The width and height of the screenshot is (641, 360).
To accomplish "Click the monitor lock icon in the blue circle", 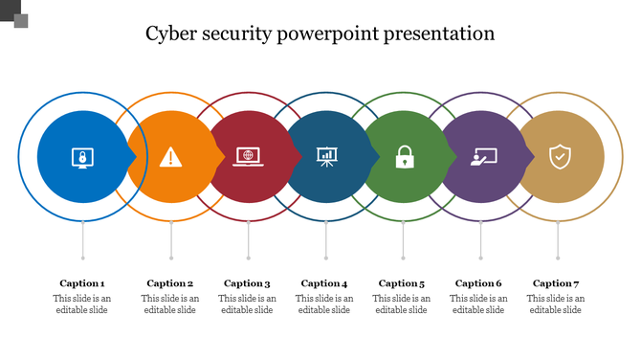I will tap(83, 156).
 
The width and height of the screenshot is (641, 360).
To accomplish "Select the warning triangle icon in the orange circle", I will tap(170, 156).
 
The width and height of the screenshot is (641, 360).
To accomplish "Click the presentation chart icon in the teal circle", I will tap(326, 156).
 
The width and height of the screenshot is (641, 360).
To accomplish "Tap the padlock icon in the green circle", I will tap(404, 156).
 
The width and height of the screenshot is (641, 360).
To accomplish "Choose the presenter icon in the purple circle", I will tap(481, 156).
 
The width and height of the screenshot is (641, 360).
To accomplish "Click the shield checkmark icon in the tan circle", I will tap(559, 156).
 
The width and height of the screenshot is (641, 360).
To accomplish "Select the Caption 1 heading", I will tap(82, 283).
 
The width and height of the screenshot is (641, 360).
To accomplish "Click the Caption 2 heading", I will tap(170, 283).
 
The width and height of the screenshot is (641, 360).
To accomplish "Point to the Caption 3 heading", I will tap(248, 283).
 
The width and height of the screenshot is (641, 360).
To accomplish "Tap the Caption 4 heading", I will tap(324, 283).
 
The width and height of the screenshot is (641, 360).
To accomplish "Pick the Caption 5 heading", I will tap(402, 283).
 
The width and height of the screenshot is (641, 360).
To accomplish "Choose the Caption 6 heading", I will tap(478, 283).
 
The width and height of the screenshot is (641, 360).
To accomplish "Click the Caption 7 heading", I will tap(556, 283).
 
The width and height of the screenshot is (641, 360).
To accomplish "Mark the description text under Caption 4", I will tap(324, 304).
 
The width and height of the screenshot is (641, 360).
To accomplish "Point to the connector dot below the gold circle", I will tap(559, 257).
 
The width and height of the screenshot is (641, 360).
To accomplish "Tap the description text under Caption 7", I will tap(556, 304).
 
